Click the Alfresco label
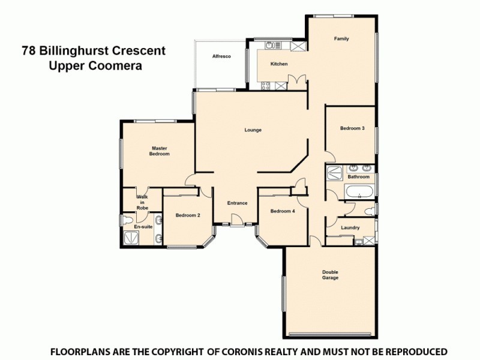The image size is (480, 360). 221,56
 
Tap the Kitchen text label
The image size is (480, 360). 279,64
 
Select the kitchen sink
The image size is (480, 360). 271,45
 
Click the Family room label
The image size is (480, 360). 341,39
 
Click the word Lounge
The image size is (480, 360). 253,130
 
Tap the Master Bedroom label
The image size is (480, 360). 159,151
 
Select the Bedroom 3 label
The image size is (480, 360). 352,128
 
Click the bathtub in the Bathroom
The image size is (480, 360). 359,193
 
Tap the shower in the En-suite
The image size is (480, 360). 130,239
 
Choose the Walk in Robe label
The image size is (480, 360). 142,202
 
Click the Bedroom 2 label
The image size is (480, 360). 188,215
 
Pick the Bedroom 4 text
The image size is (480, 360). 282,211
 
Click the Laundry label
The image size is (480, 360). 350,227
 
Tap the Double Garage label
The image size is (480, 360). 330,275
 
